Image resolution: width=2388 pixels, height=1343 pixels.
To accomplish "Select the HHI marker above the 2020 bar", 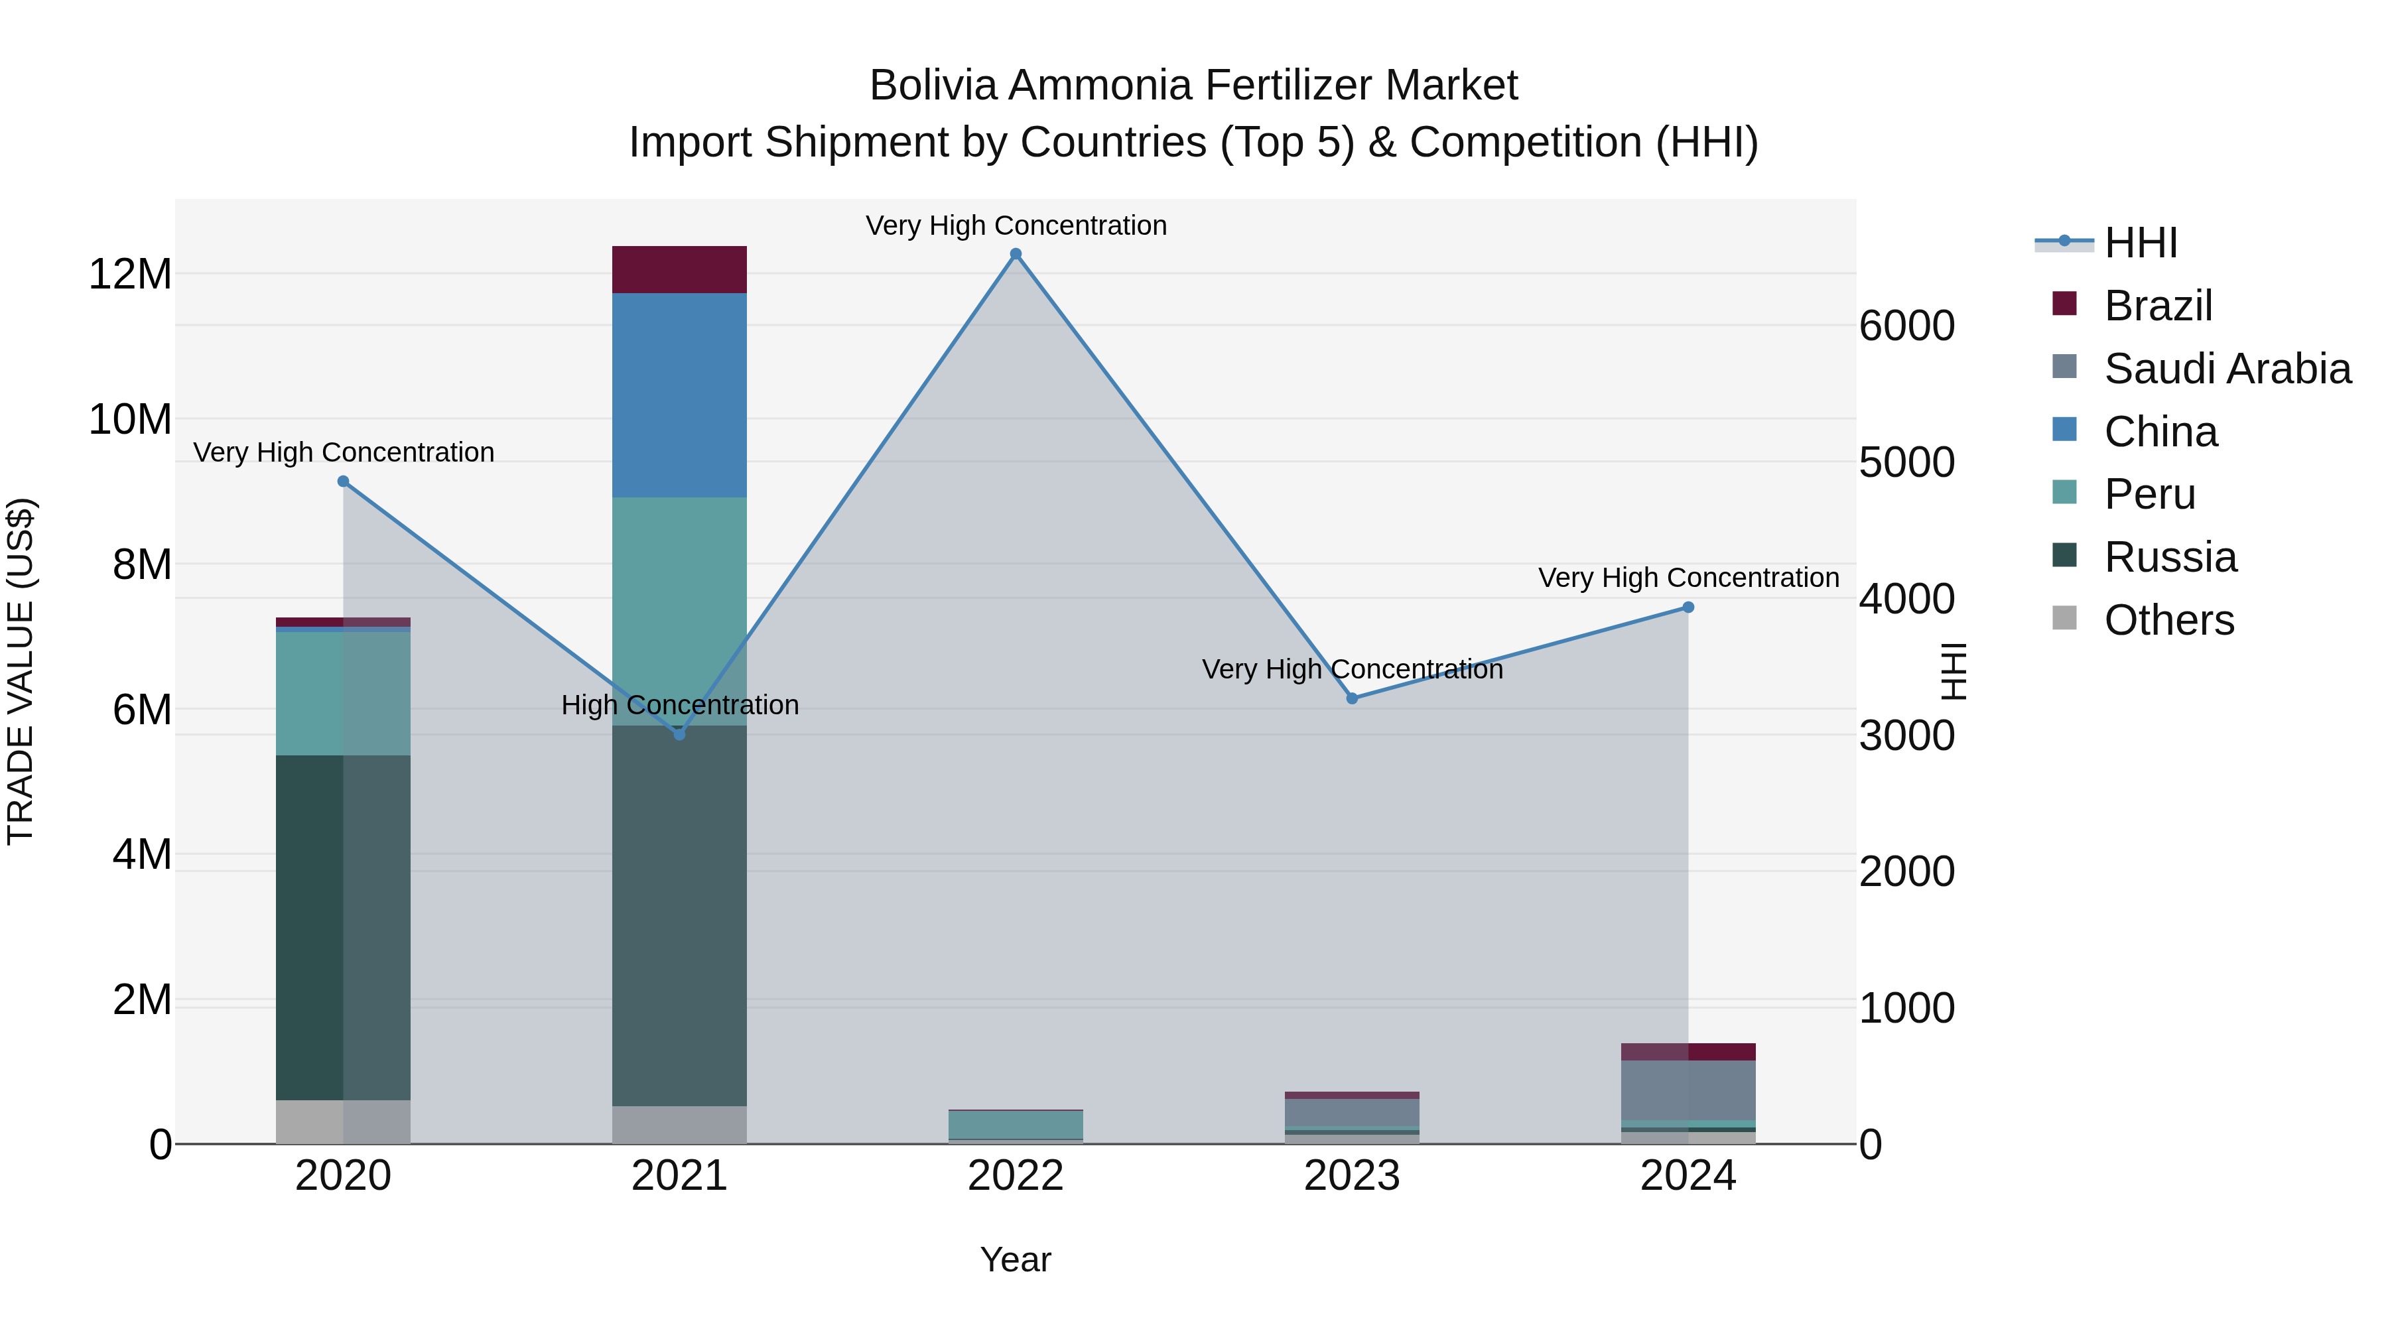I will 343,481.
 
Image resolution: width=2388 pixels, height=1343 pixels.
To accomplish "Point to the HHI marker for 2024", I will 1688,607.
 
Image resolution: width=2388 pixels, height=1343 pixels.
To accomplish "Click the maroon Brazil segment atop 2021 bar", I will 679,270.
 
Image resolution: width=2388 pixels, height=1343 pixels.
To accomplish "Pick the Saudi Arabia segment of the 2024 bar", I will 1688,1090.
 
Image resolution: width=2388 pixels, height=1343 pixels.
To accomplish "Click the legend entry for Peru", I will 2149,494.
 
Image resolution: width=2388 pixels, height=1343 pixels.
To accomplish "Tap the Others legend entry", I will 2168,620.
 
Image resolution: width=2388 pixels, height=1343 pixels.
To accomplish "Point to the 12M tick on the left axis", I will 130,275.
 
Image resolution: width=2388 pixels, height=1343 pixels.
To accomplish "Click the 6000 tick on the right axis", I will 1907,326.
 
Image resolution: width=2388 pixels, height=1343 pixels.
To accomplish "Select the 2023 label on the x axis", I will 1352,1176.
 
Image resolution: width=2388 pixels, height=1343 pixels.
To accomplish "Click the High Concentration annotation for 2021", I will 679,706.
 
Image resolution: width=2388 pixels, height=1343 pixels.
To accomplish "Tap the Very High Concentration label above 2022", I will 1016,225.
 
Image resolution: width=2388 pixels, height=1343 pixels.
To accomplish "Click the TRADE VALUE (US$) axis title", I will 21,671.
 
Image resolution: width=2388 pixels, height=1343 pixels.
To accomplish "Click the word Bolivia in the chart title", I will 933,86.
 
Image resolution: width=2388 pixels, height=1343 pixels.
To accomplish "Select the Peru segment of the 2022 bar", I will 1016,1124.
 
